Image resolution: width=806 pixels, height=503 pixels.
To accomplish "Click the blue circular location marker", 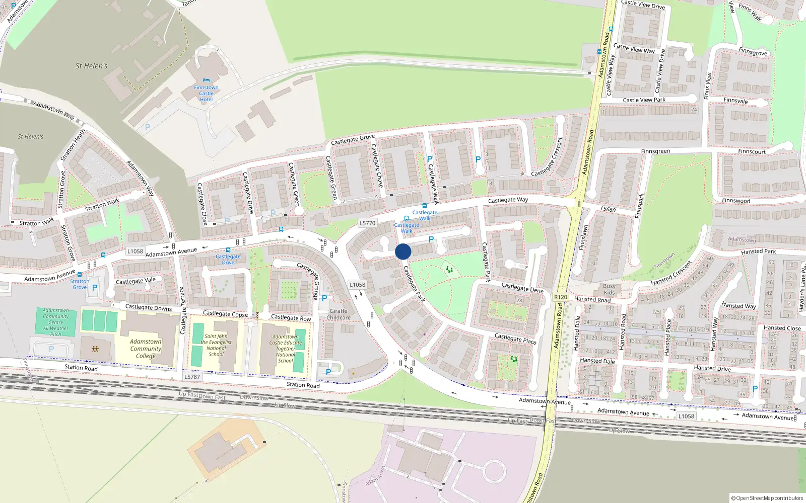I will (403, 251).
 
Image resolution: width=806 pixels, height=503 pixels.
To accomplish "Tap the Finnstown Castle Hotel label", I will (206, 93).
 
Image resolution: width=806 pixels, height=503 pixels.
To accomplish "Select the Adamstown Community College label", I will (146, 349).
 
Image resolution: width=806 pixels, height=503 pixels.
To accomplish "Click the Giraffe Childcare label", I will (339, 314).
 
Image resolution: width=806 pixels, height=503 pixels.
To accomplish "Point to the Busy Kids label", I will (609, 289).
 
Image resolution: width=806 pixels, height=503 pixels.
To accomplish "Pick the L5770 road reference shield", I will (368, 223).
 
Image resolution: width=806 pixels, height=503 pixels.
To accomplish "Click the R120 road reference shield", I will (561, 297).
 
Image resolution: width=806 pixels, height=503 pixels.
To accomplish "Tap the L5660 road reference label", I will (608, 209).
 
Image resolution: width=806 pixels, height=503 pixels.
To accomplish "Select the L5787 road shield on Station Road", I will (192, 377).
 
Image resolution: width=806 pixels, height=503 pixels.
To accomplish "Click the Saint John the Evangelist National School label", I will (216, 345).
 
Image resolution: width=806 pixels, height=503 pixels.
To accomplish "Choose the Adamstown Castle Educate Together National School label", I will (286, 349).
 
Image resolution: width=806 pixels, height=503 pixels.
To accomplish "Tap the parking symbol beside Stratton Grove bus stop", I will (95, 288).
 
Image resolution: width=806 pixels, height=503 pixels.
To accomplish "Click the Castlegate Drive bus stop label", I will (228, 259).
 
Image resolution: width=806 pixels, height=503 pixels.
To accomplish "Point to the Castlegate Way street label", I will (508, 200).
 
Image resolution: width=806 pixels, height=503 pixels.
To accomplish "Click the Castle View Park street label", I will (644, 100).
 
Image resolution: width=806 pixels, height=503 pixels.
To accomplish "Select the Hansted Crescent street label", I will (671, 273).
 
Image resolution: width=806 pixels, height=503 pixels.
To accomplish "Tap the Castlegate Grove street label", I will (353, 139).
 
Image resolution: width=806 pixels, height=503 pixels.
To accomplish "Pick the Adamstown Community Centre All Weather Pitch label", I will (56, 322).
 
